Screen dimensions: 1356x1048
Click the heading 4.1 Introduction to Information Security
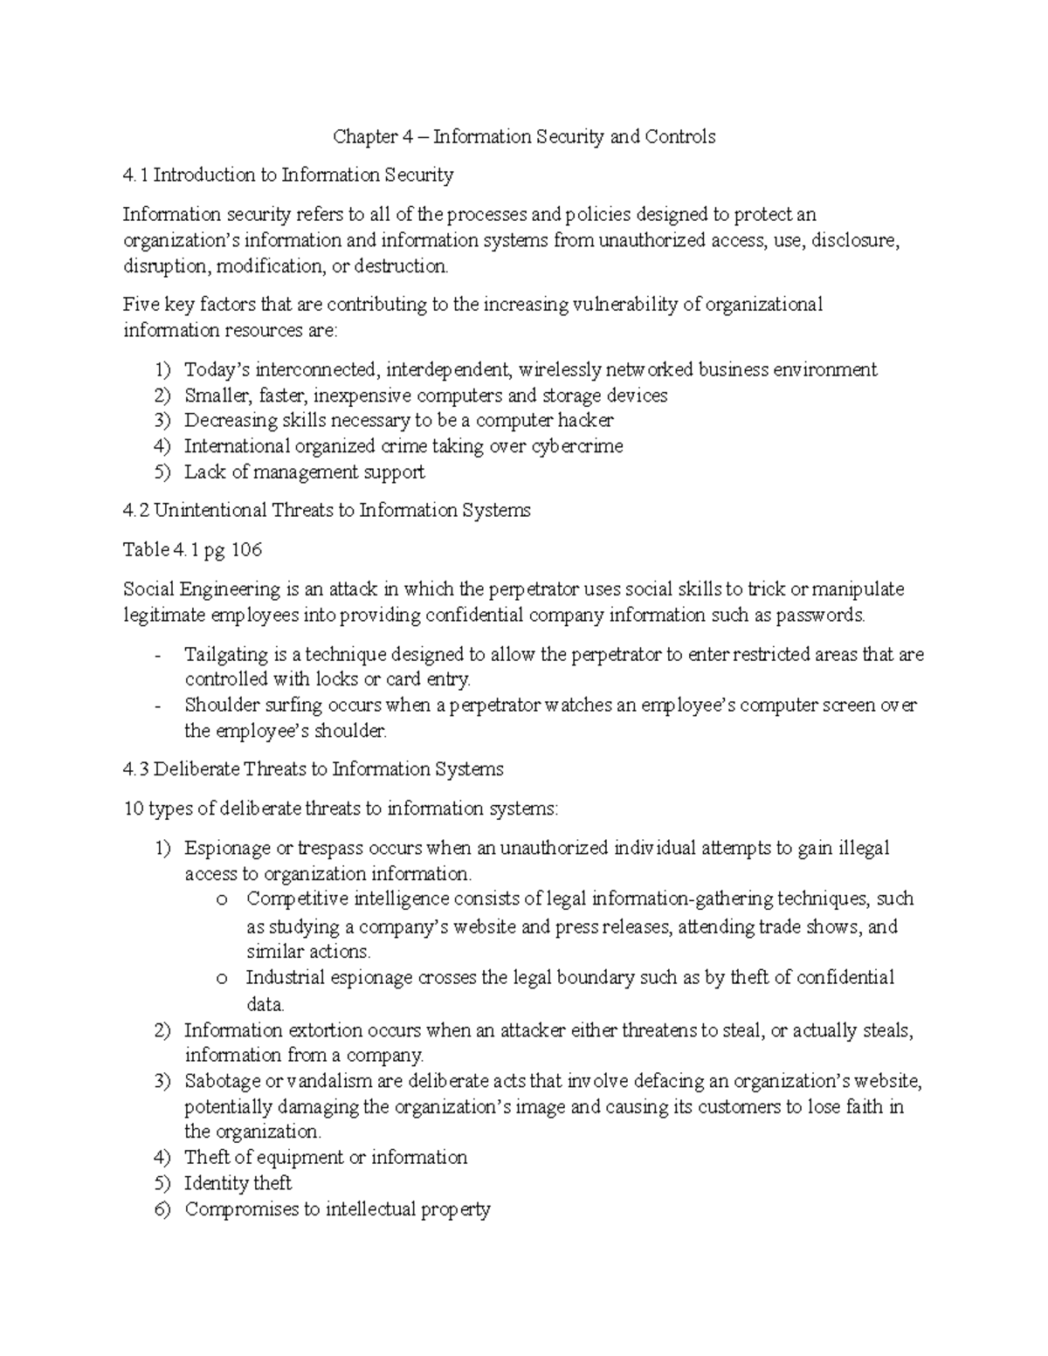click(288, 176)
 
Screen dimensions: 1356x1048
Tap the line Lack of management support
click(304, 472)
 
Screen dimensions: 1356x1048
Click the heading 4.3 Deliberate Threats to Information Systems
click(314, 769)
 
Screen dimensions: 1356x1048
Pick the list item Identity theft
click(238, 1183)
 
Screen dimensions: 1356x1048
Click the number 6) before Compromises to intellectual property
click(162, 1209)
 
